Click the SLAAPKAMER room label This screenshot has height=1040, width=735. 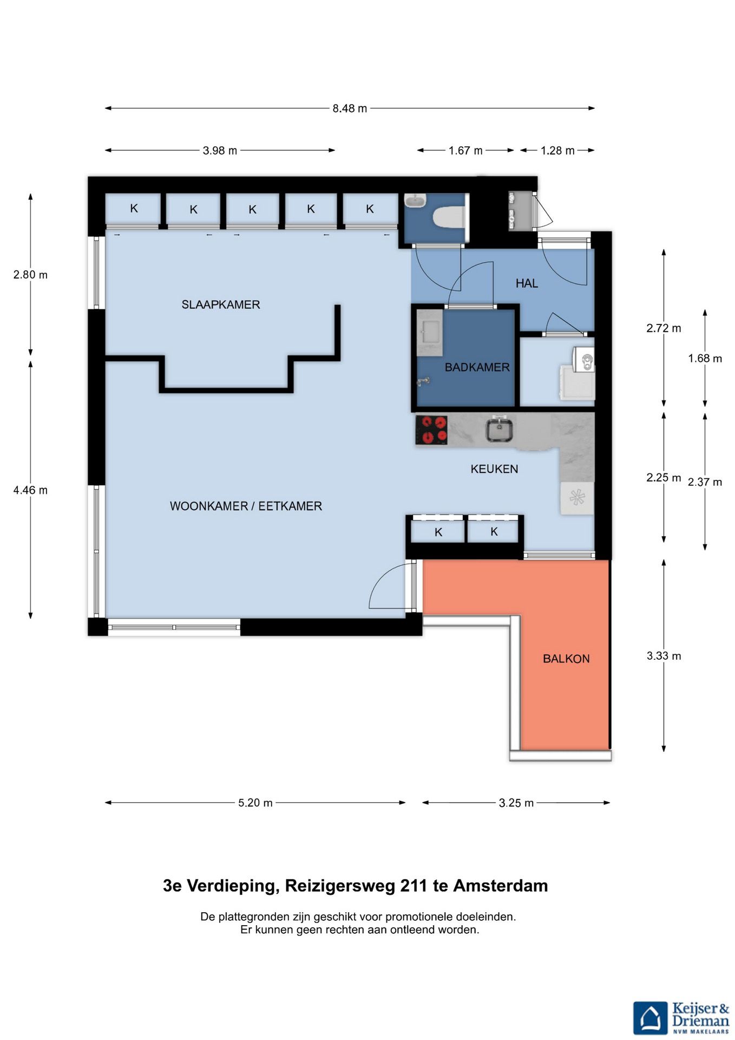tap(221, 304)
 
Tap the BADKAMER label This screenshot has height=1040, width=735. tap(477, 367)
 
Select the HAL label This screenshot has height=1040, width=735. tap(527, 283)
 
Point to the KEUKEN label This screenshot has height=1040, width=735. tap(494, 469)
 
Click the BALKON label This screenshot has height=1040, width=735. tap(566, 659)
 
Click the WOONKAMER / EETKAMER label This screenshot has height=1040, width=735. tap(246, 506)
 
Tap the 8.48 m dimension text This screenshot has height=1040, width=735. tap(350, 108)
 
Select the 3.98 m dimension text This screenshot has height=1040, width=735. tap(220, 151)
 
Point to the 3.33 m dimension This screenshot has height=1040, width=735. tap(664, 656)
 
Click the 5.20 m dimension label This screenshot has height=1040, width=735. tap(255, 803)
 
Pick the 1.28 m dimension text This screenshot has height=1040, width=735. tap(557, 151)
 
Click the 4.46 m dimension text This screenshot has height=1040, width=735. tap(30, 490)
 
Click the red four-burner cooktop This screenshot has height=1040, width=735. tap(431, 430)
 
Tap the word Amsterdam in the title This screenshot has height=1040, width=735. tap(501, 886)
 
